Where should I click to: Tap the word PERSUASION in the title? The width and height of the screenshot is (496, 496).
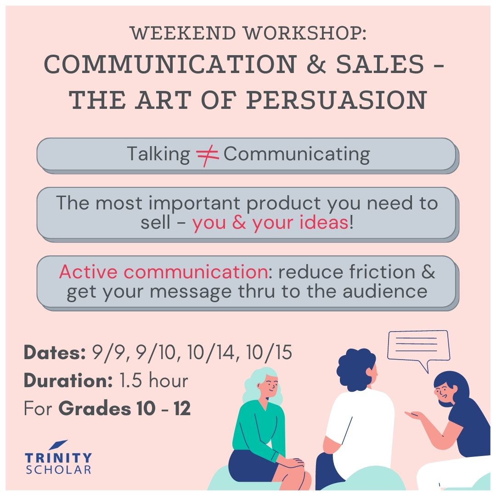tap(337, 100)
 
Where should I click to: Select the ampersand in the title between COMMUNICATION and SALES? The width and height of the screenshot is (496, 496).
tap(316, 64)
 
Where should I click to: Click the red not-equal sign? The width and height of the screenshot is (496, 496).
tap(207, 155)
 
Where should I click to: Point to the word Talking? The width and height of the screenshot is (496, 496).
tap(158, 154)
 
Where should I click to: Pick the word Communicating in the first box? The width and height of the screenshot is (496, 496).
tap(297, 155)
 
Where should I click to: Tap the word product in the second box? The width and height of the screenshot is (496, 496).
tap(284, 204)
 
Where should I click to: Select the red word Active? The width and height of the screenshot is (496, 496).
tap(88, 272)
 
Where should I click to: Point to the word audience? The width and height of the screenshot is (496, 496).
tap(385, 291)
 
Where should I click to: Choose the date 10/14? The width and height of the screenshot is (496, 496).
tap(212, 352)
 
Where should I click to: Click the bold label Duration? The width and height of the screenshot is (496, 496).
tap(68, 380)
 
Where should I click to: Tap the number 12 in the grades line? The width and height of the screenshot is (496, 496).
tap(182, 408)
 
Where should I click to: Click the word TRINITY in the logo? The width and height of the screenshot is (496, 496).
tap(58, 458)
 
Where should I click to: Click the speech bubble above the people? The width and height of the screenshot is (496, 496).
tap(418, 345)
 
